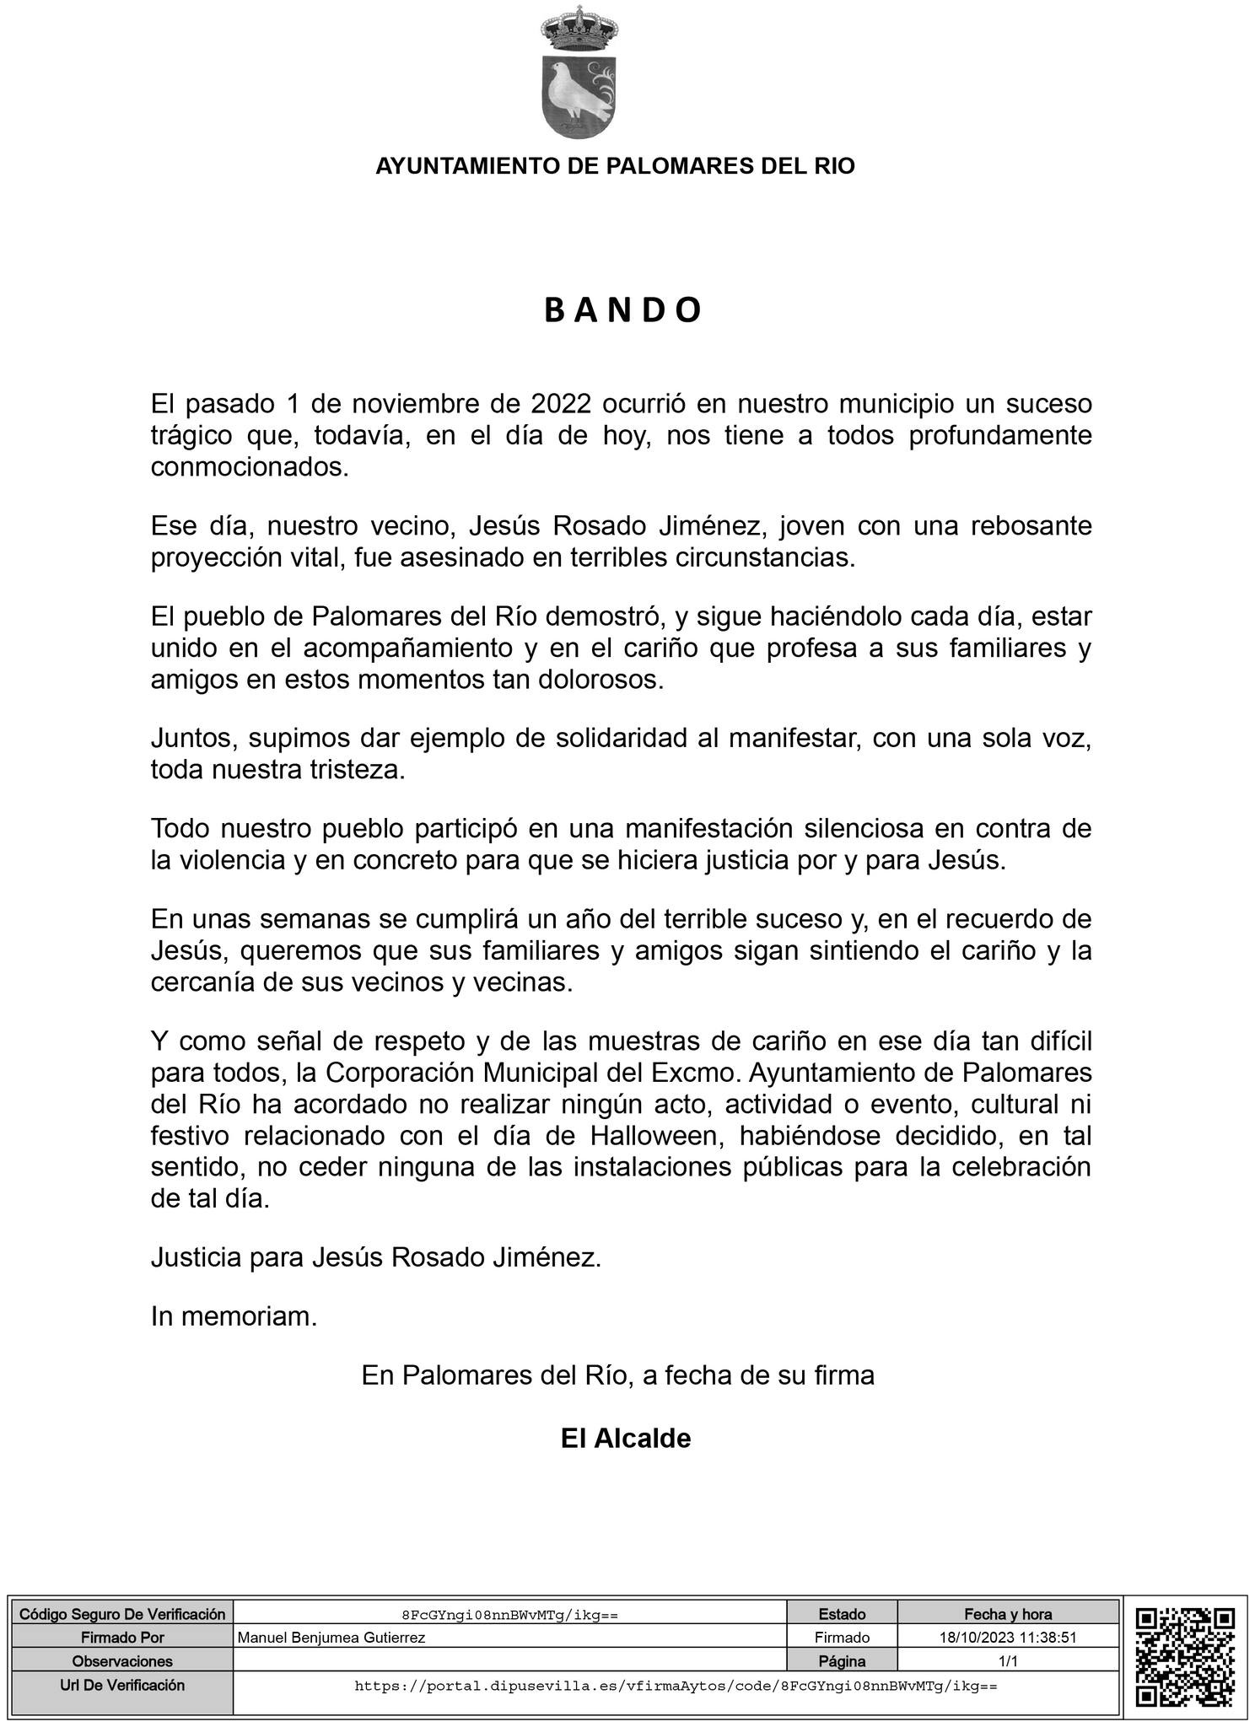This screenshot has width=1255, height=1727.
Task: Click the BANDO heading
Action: click(x=622, y=311)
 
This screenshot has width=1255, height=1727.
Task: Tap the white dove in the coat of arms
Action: click(x=576, y=91)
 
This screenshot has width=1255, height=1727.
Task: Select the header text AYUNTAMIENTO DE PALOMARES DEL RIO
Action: click(x=615, y=166)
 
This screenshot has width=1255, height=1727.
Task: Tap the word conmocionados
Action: click(x=250, y=467)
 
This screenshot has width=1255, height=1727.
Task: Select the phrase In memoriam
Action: click(x=234, y=1316)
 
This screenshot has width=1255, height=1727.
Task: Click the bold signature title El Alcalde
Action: click(x=625, y=1439)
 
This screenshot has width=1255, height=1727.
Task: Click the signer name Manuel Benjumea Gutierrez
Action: click(x=331, y=1638)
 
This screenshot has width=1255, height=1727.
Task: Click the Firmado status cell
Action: click(x=841, y=1638)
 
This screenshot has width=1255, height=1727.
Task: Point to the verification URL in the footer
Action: click(x=676, y=1686)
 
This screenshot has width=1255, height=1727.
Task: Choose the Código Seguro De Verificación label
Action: click(x=122, y=1614)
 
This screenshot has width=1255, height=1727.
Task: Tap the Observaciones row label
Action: click(x=122, y=1661)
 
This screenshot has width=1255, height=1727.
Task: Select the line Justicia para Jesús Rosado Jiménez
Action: click(x=376, y=1258)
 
